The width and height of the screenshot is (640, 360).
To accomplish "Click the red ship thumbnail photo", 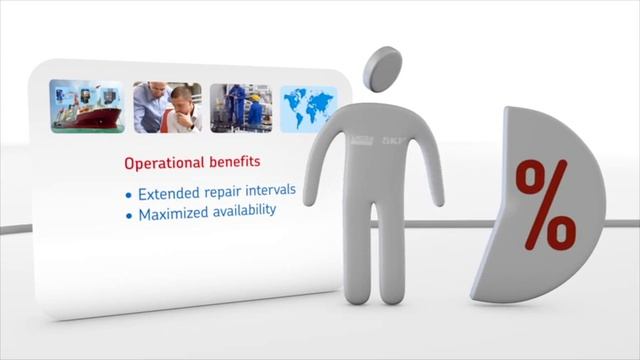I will point(86,107).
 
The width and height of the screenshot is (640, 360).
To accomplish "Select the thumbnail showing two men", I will point(167,107).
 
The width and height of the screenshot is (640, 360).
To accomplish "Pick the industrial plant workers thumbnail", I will point(241,108).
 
